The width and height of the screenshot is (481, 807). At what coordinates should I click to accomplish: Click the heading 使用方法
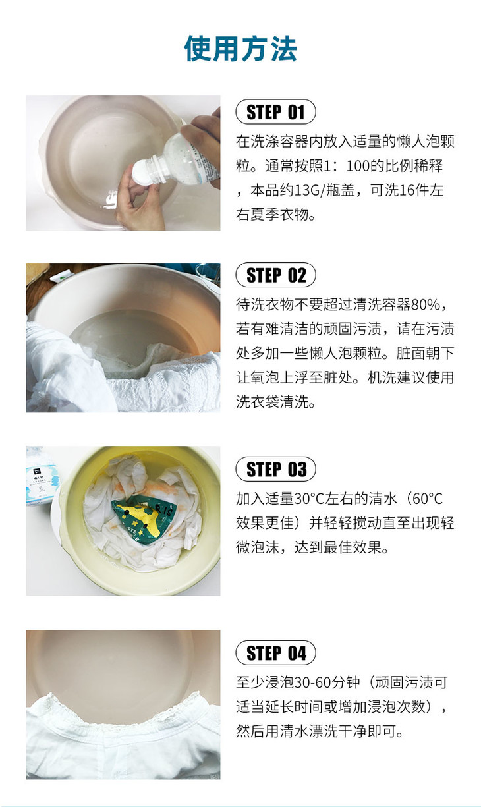[x=240, y=49]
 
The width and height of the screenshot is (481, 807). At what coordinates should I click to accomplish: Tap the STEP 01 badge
[x=275, y=112]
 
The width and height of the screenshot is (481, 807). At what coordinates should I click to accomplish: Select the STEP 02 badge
[x=275, y=275]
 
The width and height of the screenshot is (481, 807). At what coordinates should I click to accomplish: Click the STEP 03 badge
[x=275, y=470]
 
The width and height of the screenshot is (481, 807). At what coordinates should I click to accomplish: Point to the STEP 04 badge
[x=275, y=653]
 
